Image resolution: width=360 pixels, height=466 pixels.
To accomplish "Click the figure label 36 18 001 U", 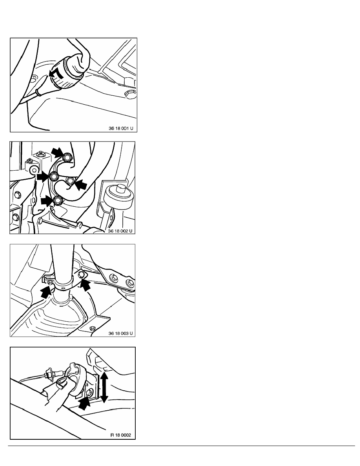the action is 121,128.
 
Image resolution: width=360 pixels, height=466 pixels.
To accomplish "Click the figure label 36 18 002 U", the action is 120,231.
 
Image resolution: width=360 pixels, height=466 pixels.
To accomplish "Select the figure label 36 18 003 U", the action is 120,333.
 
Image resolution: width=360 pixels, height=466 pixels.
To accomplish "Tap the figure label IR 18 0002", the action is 121,435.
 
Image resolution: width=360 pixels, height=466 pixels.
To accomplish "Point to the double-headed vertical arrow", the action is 104,388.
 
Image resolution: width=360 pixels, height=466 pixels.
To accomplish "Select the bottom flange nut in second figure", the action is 58,201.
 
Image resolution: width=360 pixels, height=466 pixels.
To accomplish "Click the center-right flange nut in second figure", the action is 70,181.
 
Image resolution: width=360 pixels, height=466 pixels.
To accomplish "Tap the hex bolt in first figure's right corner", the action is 130,94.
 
